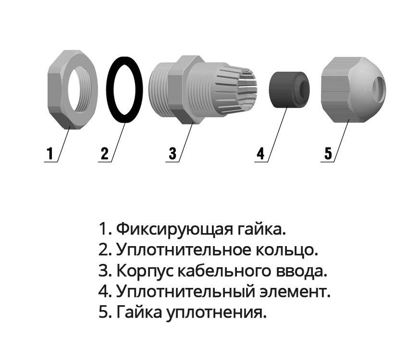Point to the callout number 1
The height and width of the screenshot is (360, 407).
click(x=49, y=153)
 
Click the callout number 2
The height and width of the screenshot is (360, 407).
click(x=104, y=153)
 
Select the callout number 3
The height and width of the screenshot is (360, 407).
click(x=173, y=153)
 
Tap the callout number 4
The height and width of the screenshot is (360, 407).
click(x=260, y=153)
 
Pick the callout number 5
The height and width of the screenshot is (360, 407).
click(x=328, y=153)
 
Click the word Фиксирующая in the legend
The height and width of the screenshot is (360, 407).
click(x=174, y=229)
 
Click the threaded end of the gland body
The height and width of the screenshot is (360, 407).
click(x=159, y=90)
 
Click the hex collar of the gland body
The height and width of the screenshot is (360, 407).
click(x=182, y=89)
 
